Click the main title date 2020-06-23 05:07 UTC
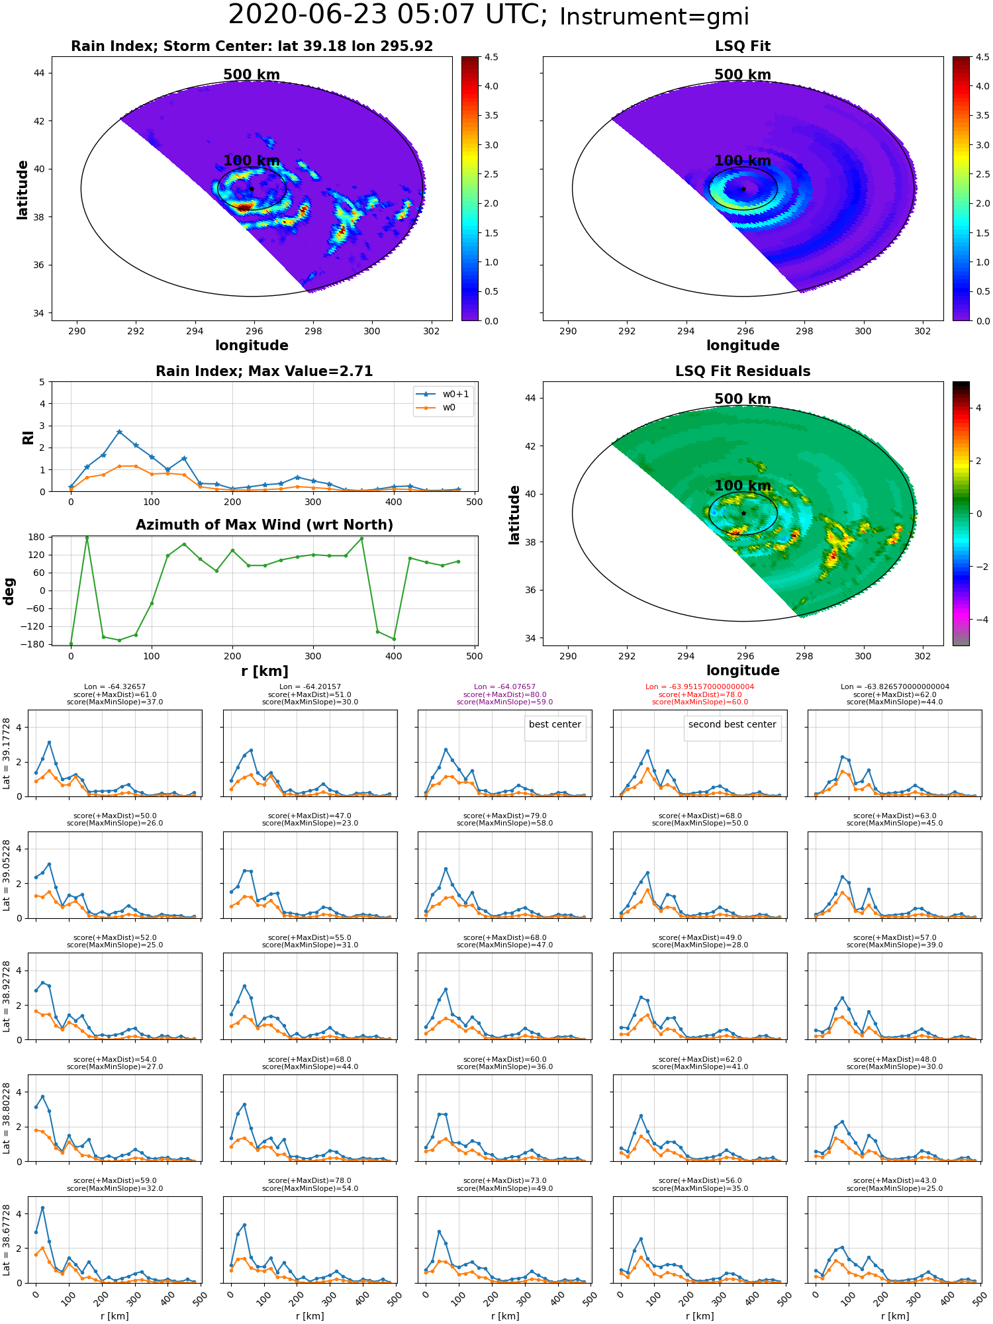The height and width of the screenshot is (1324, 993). coord(388,15)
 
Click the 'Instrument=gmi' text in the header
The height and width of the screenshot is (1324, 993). coord(654,17)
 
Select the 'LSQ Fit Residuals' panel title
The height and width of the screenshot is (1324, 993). coord(743,371)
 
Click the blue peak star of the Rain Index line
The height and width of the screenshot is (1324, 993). coord(119,432)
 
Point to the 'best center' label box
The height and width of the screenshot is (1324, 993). coord(555,725)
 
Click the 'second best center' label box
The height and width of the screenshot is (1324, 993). coord(732,725)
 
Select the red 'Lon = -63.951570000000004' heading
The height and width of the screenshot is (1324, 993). coord(700,686)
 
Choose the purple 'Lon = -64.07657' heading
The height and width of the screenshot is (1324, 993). coord(505,686)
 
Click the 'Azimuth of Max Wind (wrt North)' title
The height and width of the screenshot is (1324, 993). coord(264,525)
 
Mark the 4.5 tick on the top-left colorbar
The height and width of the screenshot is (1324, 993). coord(491,57)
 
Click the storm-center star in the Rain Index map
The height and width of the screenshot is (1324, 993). coord(252,189)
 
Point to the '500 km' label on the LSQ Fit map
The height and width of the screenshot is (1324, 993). coord(743,75)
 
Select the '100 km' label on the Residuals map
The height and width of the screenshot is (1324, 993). coord(743,486)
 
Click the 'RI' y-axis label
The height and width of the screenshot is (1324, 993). coord(28,438)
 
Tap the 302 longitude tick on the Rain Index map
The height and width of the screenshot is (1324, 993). coord(431,331)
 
